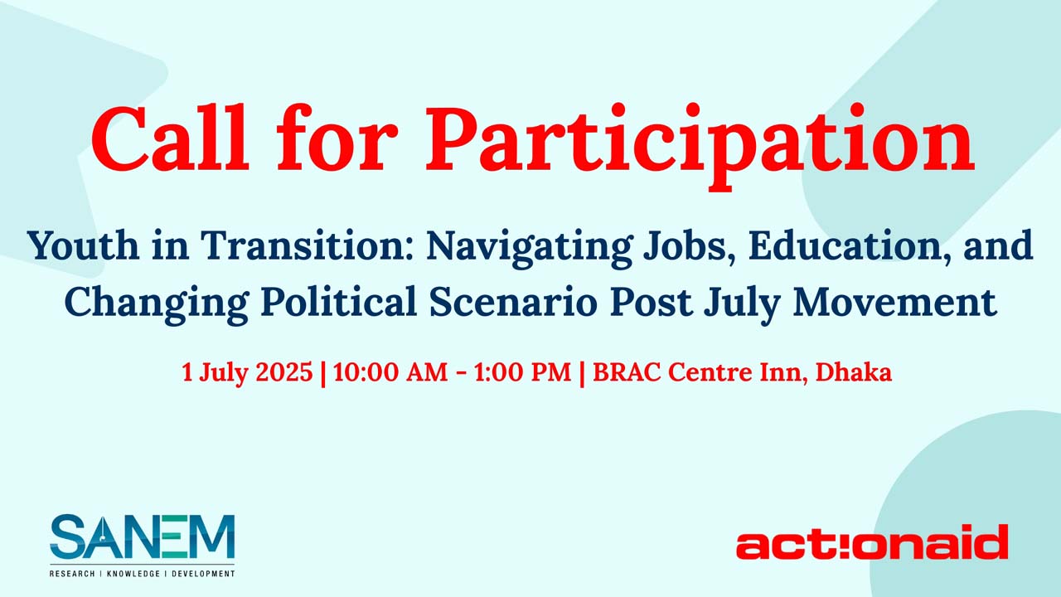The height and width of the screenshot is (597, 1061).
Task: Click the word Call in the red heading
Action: [170, 138]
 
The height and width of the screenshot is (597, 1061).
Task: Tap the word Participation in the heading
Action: [700, 144]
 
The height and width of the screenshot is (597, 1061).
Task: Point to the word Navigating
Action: [529, 249]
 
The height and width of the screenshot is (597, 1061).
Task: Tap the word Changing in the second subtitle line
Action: [157, 304]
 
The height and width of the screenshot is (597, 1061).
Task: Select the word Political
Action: [339, 301]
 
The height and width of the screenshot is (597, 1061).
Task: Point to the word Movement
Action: [895, 301]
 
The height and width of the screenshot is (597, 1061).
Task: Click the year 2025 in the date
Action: [284, 372]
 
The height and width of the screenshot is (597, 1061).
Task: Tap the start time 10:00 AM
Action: [390, 372]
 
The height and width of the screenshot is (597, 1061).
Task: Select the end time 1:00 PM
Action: [522, 372]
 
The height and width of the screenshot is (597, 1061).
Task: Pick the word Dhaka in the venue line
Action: [854, 372]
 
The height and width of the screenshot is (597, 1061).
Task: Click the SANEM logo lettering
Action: [142, 536]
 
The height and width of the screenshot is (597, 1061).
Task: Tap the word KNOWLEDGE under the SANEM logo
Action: [133, 574]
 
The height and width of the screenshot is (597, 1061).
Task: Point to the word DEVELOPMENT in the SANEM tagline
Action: [203, 574]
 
